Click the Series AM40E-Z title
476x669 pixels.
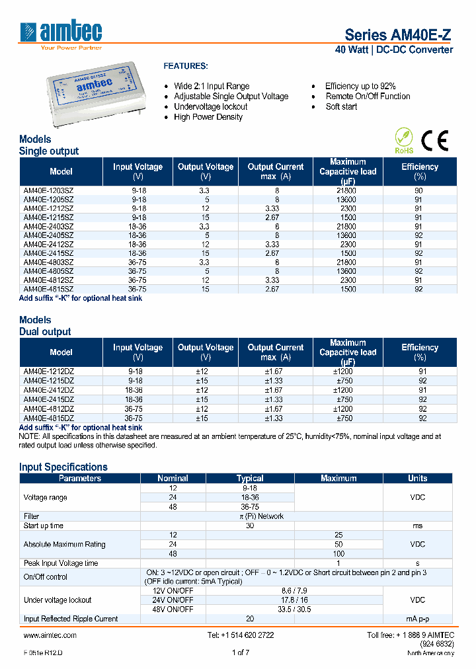tap(399, 35)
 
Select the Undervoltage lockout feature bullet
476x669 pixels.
tap(210, 106)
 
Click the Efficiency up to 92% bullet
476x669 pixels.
tap(360, 86)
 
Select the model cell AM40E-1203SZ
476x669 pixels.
tap(48, 190)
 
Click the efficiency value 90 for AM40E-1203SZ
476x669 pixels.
tap(419, 190)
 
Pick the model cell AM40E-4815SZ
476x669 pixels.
tap(48, 289)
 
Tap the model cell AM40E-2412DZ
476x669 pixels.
tap(48, 390)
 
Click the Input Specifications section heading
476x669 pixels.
tap(63, 467)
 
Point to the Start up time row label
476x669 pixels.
tap(44, 526)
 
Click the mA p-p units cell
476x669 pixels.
tap(418, 619)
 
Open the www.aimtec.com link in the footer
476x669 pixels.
tap(50, 635)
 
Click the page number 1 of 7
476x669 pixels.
tap(240, 652)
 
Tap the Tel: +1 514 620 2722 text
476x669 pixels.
tap(240, 635)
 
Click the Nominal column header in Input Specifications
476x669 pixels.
tap(173, 478)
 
